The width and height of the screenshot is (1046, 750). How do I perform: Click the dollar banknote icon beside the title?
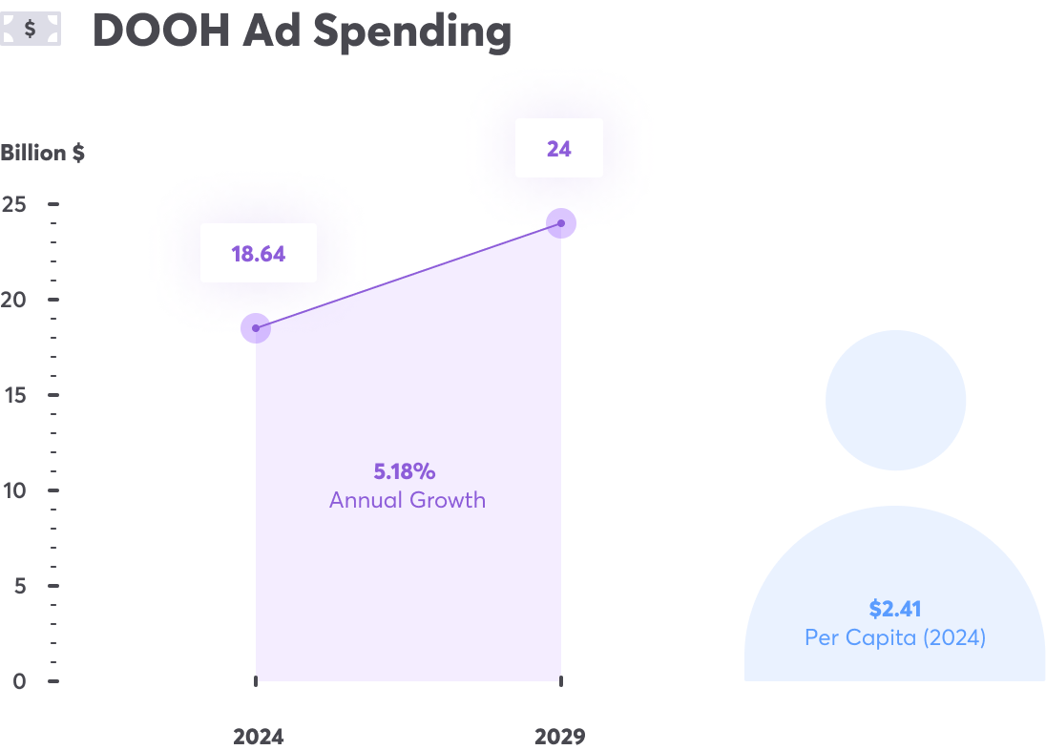31,30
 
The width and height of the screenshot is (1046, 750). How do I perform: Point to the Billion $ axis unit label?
43,153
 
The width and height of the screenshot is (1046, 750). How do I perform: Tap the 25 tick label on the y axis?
14,204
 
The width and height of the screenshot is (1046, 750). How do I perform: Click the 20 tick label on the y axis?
14,300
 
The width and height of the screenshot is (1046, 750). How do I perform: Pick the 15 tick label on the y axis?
14,395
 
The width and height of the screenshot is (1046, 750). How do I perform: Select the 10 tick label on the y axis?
14,490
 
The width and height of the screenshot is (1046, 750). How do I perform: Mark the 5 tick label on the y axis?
19,586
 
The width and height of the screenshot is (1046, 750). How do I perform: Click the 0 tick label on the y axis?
19,681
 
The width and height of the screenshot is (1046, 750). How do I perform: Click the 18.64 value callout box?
259,254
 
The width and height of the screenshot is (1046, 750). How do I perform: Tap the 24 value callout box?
559,148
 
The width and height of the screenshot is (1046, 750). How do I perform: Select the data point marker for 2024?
255,328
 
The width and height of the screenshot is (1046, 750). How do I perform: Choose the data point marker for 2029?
561,223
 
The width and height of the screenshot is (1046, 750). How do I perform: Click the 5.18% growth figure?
405,471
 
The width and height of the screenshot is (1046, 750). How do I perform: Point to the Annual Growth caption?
408,500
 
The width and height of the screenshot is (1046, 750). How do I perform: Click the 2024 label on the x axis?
258,737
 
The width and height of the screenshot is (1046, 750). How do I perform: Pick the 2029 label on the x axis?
559,737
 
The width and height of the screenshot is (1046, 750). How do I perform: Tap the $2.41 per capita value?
894,609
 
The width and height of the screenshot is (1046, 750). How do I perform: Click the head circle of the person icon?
895,400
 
